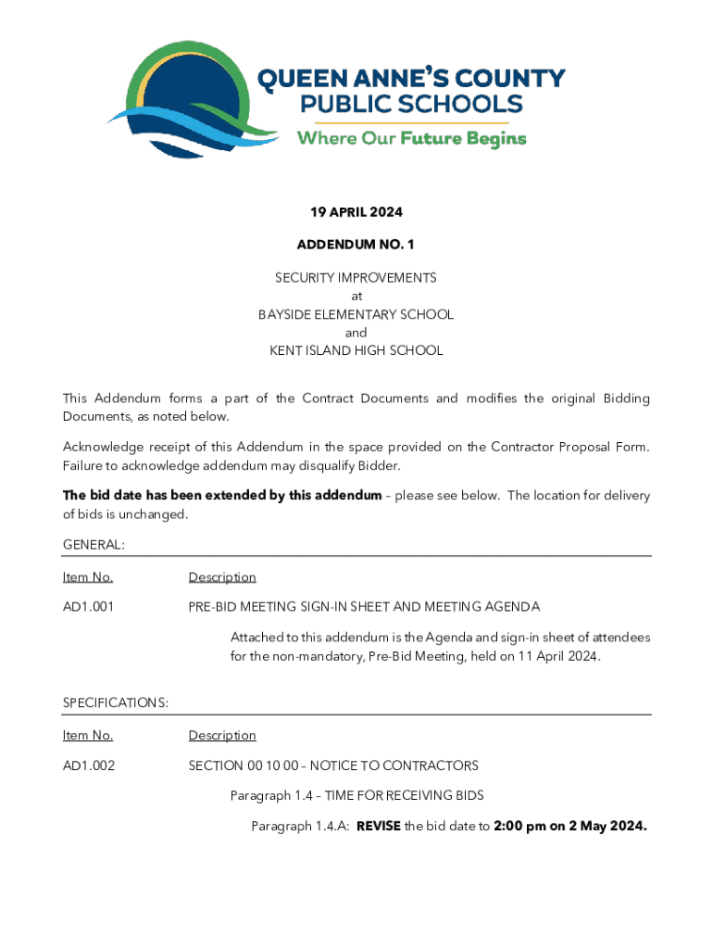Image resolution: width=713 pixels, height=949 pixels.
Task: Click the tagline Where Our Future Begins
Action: point(411,139)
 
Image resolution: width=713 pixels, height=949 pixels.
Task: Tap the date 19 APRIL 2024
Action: point(356,212)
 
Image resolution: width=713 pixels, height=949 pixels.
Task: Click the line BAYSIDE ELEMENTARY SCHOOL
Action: point(356,314)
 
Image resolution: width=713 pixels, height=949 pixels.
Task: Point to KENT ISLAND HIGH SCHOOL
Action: point(356,350)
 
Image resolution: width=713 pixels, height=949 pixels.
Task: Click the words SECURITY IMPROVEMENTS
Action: point(356,278)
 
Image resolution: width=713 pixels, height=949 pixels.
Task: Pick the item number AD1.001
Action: point(89,607)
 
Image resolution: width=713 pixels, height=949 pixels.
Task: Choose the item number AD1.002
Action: point(89,766)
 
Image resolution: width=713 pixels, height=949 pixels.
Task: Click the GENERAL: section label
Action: point(94,545)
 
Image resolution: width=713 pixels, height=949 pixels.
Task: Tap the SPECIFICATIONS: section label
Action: point(116,703)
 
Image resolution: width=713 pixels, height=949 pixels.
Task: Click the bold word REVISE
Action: point(378,826)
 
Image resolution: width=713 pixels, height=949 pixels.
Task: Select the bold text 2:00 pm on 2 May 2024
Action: point(570,826)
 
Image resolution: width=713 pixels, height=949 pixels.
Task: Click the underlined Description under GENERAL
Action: point(222,577)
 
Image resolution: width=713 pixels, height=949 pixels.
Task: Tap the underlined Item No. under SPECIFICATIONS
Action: point(88,736)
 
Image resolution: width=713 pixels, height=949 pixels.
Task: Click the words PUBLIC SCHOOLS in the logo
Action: point(410,104)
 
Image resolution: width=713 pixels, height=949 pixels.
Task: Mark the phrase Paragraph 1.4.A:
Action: point(300,826)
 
